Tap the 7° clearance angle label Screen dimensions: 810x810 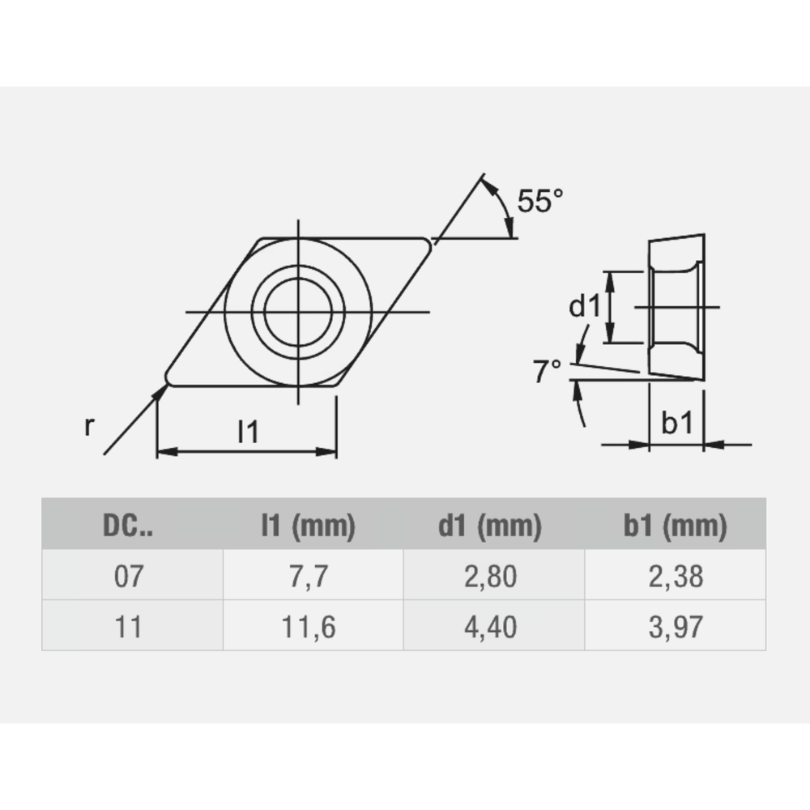pos(548,372)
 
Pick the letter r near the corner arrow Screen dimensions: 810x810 pos(89,427)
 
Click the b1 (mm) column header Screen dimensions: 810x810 pos(675,527)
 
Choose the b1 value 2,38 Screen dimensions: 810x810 pos(675,577)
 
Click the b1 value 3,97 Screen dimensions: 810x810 pos(675,625)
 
